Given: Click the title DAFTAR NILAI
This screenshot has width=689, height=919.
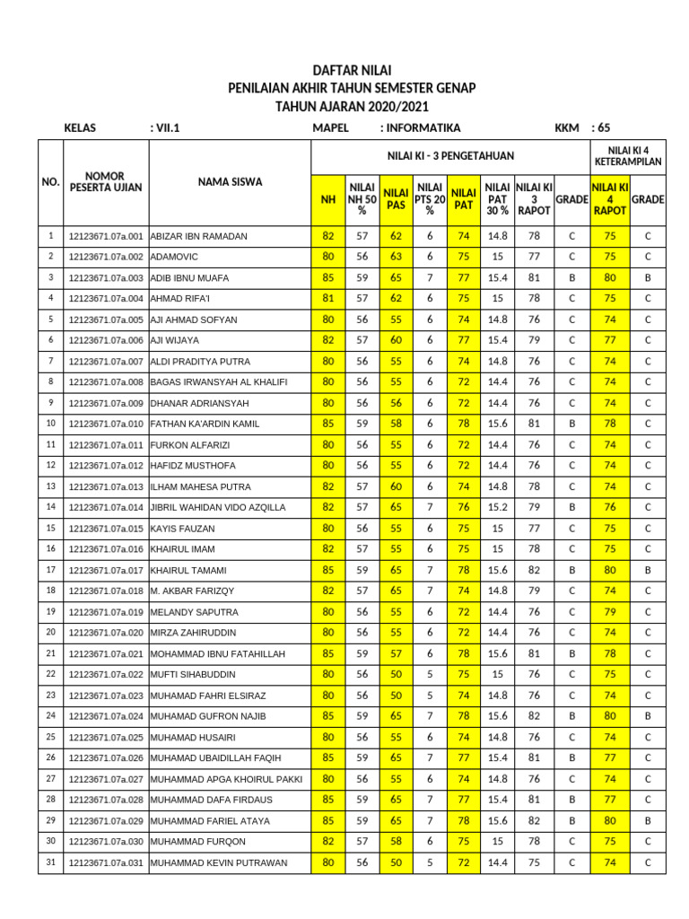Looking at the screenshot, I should pos(352,70).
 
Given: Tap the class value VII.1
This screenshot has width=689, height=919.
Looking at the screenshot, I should pos(168,128).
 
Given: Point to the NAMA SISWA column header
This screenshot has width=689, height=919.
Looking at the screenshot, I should pos(230,182).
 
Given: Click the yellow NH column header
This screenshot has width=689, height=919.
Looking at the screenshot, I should pos(327,198).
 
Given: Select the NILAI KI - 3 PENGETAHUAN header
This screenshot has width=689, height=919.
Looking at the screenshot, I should pos(450,156).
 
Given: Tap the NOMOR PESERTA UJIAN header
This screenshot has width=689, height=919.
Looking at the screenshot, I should pos(104,182).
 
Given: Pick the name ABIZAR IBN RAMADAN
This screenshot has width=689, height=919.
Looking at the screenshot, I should pos(198,236).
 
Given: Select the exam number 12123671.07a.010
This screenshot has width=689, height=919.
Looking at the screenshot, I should pos(106,424).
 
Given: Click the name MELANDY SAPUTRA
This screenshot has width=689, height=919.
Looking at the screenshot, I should pos(194,612).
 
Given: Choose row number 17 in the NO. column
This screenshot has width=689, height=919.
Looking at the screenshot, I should pos(50,570).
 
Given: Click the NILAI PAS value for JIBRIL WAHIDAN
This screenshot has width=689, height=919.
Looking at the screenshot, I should pos(396,507).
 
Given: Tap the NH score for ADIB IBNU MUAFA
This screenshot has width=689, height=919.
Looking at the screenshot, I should pos(327,277).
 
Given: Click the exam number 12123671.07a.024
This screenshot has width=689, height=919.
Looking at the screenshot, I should pos(106,716).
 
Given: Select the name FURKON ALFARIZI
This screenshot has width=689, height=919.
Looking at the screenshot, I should pos(191,444).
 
